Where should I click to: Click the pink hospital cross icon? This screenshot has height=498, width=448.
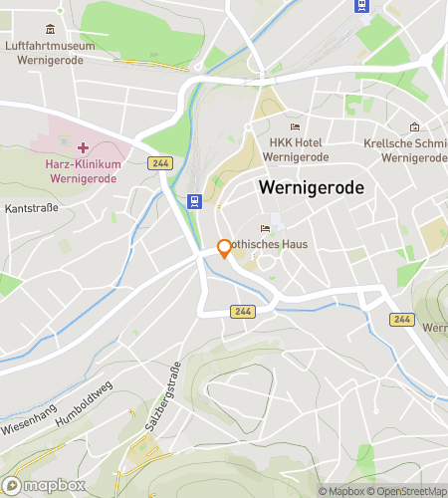[83, 147]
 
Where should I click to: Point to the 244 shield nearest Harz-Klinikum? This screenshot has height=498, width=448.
[158, 162]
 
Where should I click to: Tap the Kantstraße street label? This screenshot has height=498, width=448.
[32, 208]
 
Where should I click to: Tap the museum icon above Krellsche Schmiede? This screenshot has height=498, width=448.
[414, 127]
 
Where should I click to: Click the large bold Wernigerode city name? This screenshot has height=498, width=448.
[311, 187]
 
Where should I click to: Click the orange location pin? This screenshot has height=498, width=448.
[225, 249]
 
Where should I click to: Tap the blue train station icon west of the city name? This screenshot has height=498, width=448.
[196, 201]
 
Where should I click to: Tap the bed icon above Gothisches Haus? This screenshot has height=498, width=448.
[265, 226]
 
